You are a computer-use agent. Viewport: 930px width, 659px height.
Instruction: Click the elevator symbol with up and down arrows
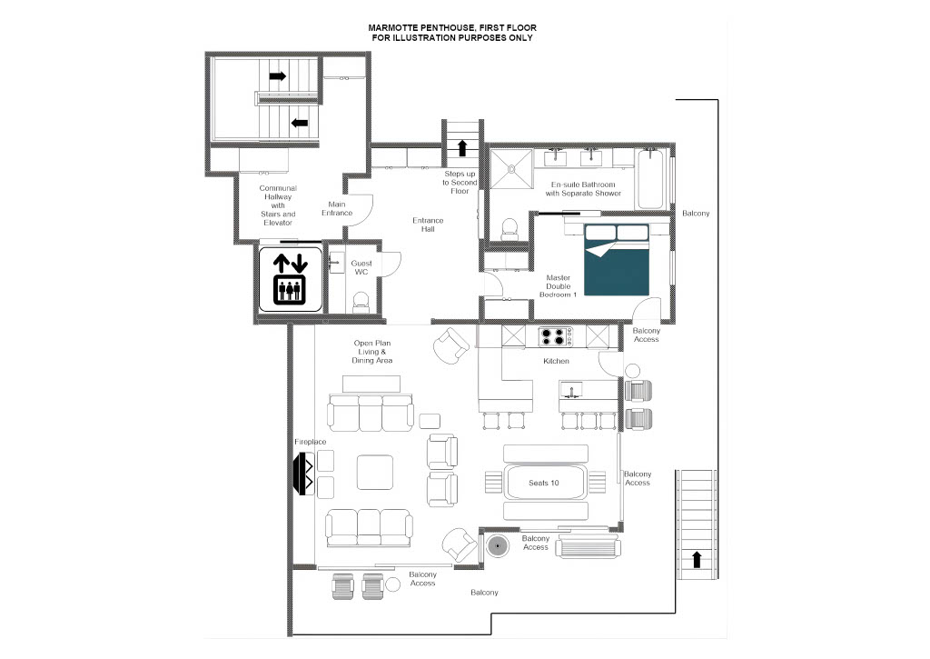pyautogui.click(x=290, y=279)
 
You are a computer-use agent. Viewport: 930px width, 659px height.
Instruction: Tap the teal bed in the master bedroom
pyautogui.click(x=617, y=259)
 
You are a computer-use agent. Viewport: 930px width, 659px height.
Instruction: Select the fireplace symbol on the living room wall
pyautogui.click(x=304, y=474)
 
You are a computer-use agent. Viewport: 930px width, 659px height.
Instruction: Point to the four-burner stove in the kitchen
pyautogui.click(x=555, y=336)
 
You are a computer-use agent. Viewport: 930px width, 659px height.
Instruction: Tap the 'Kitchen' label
pyautogui.click(x=557, y=361)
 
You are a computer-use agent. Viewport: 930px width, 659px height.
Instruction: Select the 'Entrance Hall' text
pyautogui.click(x=428, y=225)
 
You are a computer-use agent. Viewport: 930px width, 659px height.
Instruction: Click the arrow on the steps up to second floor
pyautogui.click(x=462, y=148)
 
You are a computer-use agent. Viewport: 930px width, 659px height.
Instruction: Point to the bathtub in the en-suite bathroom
pyautogui.click(x=650, y=179)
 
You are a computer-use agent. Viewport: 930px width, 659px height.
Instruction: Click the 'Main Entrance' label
pyautogui.click(x=337, y=208)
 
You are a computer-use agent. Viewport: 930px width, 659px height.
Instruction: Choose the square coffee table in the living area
pyautogui.click(x=375, y=473)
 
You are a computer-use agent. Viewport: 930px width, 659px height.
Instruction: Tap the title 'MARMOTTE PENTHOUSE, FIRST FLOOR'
pyautogui.click(x=452, y=27)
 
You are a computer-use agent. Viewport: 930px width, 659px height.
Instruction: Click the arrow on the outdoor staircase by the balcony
pyautogui.click(x=697, y=559)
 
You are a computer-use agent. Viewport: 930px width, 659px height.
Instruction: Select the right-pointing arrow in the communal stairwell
pyautogui.click(x=278, y=76)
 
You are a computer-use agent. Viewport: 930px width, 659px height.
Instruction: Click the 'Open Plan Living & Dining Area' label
pyautogui.click(x=371, y=352)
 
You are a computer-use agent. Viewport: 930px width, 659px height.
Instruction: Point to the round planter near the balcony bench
pyautogui.click(x=497, y=545)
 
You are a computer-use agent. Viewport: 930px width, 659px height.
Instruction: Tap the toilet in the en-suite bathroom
pyautogui.click(x=510, y=229)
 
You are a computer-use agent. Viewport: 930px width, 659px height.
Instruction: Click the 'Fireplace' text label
pyautogui.click(x=311, y=442)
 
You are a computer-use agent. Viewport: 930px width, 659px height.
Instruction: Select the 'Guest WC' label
pyautogui.click(x=361, y=267)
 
